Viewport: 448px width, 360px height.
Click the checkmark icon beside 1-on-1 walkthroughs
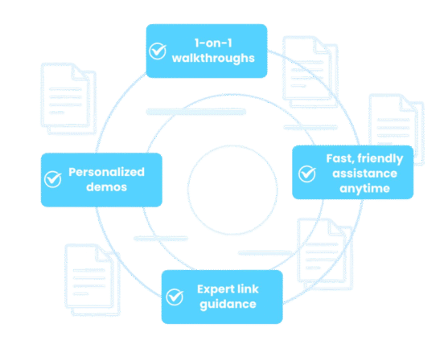(x=158, y=51)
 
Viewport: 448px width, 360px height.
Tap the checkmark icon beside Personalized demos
(x=53, y=179)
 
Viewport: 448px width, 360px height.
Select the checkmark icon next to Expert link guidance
(x=175, y=297)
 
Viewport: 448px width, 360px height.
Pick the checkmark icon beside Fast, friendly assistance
(x=307, y=174)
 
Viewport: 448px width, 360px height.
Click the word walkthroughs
(x=213, y=58)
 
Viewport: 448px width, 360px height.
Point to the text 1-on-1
(x=213, y=43)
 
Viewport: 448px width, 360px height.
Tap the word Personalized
(x=107, y=172)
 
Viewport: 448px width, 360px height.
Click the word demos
(x=107, y=187)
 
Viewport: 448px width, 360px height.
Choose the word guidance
(x=228, y=305)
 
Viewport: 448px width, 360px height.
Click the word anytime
(x=365, y=189)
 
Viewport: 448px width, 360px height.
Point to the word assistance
(x=365, y=174)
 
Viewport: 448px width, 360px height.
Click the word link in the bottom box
(x=249, y=289)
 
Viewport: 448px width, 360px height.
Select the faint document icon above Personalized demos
(x=68, y=99)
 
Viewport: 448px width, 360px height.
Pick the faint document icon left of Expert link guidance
(x=92, y=280)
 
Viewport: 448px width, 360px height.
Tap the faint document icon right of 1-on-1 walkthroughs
(x=310, y=72)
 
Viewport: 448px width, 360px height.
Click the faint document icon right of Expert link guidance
(x=325, y=254)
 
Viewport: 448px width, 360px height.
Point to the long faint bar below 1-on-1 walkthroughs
(x=196, y=112)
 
